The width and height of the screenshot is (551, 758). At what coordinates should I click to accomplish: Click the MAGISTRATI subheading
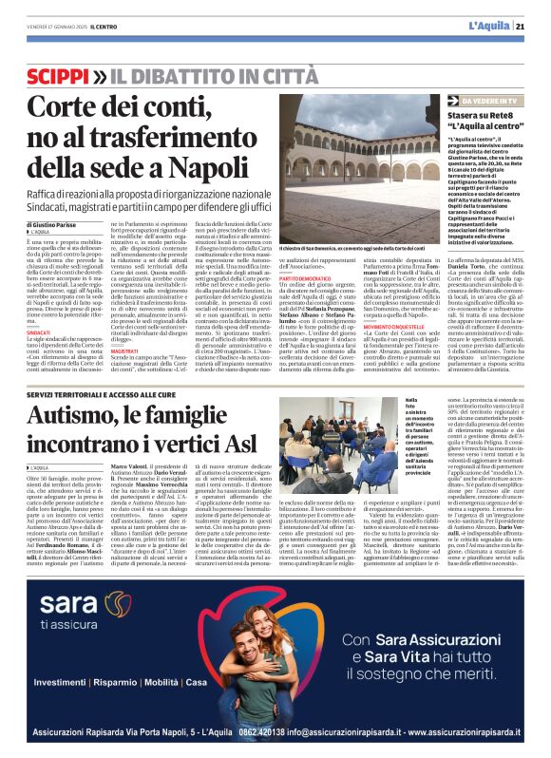tap(124, 351)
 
